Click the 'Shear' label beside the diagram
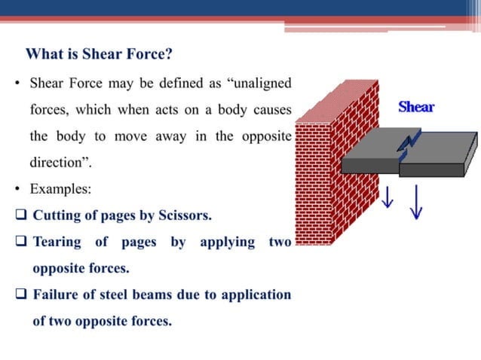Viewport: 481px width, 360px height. tap(416, 107)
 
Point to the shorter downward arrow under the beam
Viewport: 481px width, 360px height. tap(388, 198)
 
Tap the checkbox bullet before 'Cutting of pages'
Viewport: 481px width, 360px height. tap(20, 215)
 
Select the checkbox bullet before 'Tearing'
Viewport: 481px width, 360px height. tap(20, 243)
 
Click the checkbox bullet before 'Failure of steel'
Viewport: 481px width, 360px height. tap(20, 294)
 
